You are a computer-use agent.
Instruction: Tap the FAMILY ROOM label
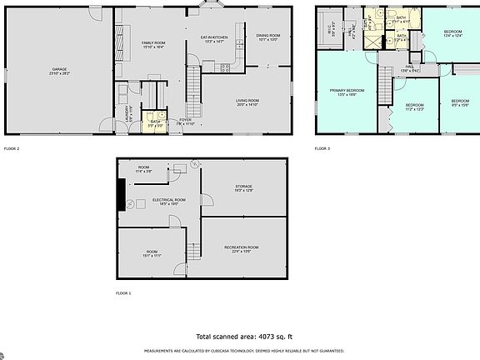pos(152,43)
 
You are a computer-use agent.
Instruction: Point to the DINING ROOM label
pos(267,37)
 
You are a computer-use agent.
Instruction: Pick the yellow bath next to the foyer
pos(155,122)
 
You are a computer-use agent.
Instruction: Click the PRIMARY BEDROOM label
pos(347,92)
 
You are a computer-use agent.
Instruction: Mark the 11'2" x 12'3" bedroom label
pos(415,107)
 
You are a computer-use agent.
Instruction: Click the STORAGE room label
pos(243,189)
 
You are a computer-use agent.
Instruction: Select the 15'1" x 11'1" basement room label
pos(152,253)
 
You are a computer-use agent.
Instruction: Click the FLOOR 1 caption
pos(123,293)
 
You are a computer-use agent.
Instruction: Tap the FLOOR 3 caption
pos(322,148)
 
